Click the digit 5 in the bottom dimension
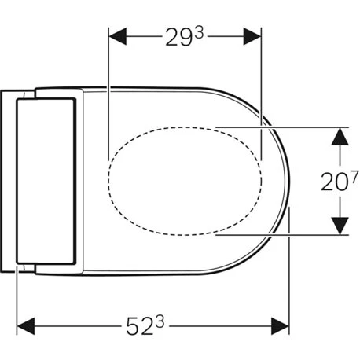[x=130, y=324]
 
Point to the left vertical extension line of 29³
[x=106, y=94]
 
